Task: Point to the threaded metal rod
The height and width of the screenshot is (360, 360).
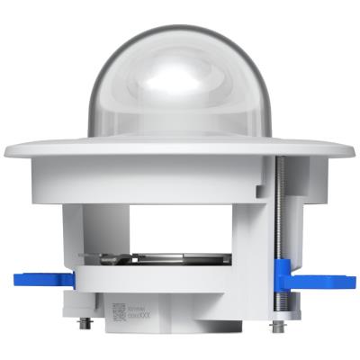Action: pos(281,207)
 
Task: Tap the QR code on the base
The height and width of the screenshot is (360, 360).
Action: pos(120,311)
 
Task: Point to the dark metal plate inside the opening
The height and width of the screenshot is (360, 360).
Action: pos(171,259)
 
